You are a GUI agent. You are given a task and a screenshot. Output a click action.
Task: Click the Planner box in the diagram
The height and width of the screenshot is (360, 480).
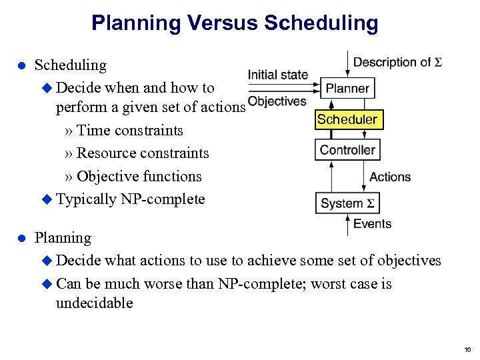(347, 88)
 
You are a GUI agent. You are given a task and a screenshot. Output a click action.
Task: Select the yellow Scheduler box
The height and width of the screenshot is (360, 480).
(347, 119)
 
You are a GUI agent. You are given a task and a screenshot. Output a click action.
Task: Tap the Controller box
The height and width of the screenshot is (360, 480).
(347, 150)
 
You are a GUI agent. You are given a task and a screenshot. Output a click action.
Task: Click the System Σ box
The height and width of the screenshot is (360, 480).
(347, 203)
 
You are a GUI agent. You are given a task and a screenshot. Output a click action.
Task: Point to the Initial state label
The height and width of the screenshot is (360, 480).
(278, 75)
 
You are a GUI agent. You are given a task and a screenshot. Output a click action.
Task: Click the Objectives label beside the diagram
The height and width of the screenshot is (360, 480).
(277, 101)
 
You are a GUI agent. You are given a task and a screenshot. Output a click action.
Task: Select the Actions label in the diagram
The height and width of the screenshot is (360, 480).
(390, 177)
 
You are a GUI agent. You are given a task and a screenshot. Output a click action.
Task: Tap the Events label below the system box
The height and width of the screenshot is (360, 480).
(372, 223)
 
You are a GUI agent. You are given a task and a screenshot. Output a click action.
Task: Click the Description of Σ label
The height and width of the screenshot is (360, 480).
(398, 63)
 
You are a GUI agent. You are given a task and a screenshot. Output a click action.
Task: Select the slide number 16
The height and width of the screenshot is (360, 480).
(467, 349)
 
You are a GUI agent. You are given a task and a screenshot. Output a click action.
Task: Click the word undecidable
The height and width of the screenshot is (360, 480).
(95, 303)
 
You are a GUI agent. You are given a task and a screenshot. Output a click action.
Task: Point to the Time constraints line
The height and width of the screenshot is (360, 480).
(129, 130)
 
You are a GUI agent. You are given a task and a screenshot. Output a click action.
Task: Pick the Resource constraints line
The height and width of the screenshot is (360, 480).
(143, 153)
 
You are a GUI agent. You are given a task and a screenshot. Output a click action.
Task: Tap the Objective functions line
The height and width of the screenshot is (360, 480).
(139, 177)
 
